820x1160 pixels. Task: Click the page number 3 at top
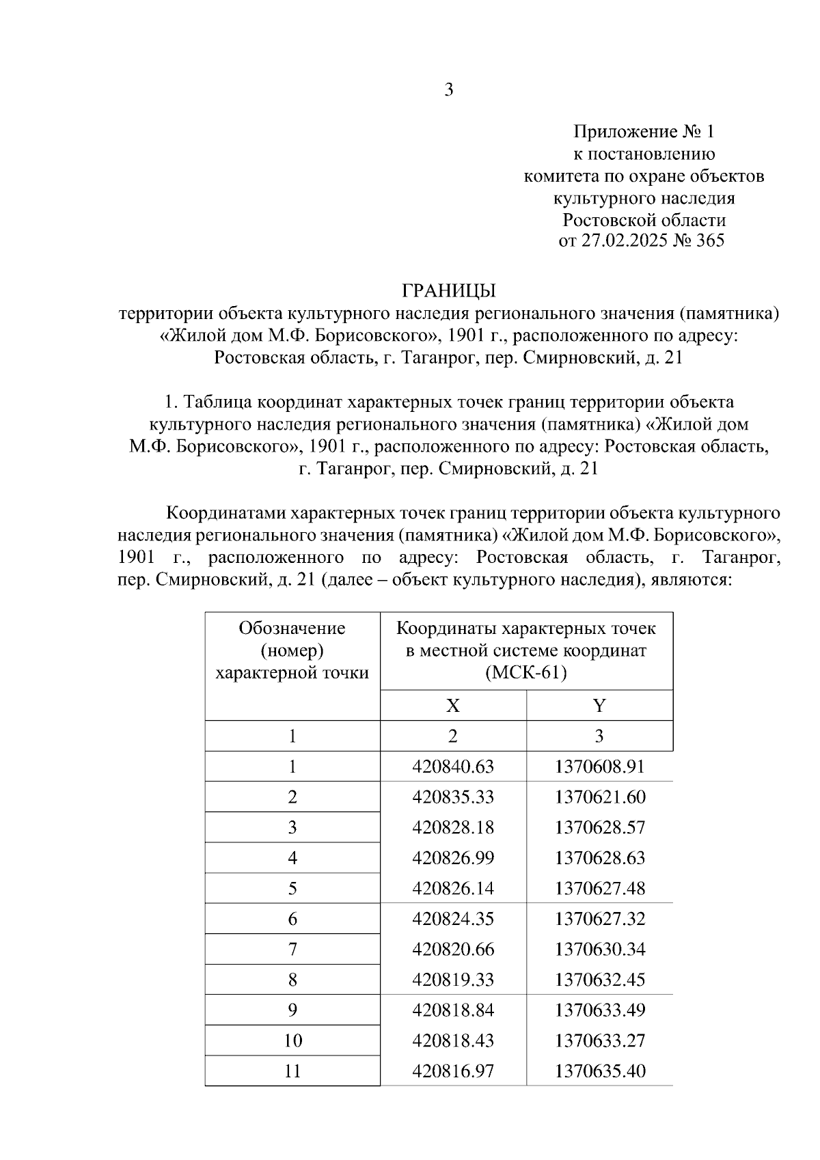click(449, 89)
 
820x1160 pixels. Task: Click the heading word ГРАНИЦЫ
click(449, 292)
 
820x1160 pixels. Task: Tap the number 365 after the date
click(709, 241)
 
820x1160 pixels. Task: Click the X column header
click(453, 706)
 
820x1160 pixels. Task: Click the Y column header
click(599, 706)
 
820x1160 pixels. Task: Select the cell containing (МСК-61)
click(526, 673)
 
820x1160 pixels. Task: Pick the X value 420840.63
click(453, 767)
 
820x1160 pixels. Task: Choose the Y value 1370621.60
click(599, 797)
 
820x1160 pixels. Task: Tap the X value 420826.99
click(453, 858)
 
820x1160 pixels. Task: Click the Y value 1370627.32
click(599, 919)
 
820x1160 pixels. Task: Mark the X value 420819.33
click(453, 980)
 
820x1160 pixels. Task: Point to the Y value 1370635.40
click(599, 1071)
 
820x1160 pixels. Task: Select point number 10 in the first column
click(292, 1040)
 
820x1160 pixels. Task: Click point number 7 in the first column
click(292, 950)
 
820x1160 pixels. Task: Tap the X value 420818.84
click(453, 1010)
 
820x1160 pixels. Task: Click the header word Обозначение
click(292, 629)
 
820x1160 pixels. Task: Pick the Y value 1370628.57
click(599, 828)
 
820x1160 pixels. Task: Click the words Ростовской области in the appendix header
click(644, 221)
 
